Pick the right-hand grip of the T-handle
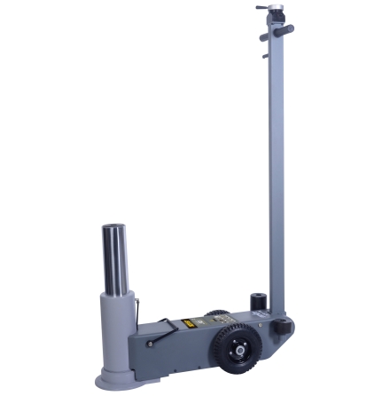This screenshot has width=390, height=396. (286, 29)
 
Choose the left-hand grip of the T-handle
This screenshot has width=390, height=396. (266, 37)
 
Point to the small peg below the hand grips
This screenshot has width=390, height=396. (265, 56)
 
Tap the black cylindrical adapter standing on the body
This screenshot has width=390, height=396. (257, 302)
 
